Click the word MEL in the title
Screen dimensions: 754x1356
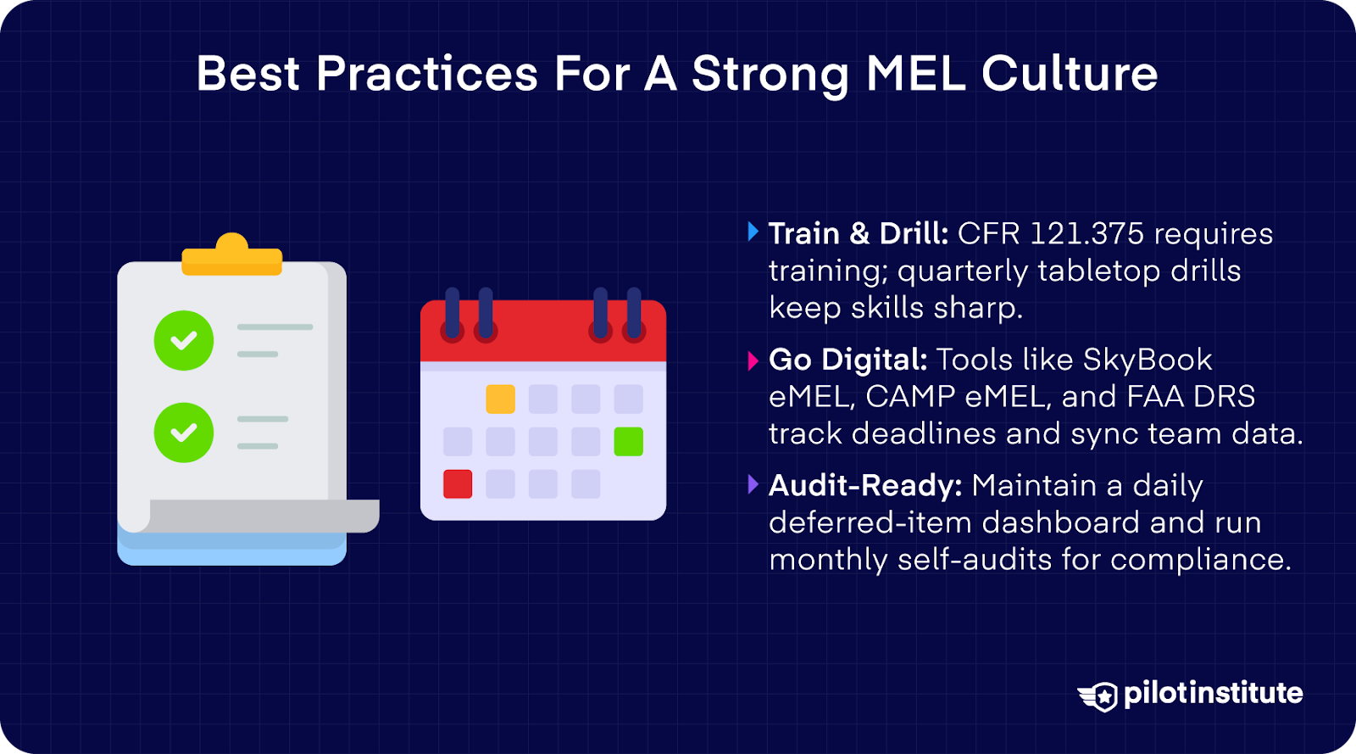coord(915,74)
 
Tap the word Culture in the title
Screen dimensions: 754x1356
coord(1070,74)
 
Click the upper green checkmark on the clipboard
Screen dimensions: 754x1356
coord(184,340)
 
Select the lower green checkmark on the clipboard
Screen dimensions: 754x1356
coord(184,433)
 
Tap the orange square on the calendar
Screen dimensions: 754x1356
coord(500,399)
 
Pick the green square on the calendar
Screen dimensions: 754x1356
coord(628,441)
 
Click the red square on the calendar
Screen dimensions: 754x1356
coord(458,483)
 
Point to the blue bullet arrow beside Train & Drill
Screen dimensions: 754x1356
coord(753,232)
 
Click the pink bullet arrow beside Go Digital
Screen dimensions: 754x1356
coord(753,361)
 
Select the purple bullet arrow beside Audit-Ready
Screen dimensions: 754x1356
coord(753,484)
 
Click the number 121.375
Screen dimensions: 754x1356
coord(1087,233)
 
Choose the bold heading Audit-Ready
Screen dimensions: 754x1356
coord(865,485)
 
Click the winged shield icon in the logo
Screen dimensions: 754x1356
coord(1099,695)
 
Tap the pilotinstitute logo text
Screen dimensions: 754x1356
coord(1213,693)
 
